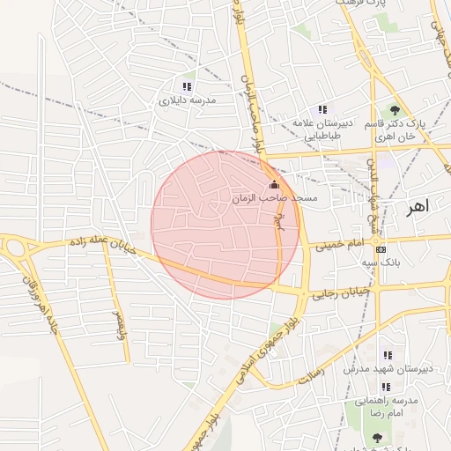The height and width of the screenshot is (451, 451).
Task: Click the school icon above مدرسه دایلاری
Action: tap(186, 86)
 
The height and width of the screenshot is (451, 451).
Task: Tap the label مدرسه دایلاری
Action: tap(187, 101)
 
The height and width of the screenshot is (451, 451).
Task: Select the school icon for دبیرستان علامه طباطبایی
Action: tap(322, 110)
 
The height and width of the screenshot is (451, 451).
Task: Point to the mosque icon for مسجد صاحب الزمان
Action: tap(274, 185)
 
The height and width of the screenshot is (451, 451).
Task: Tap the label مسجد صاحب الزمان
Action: tap(274, 200)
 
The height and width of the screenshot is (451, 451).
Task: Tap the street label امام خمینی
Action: tap(344, 241)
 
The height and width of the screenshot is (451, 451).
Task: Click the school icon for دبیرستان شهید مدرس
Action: tap(387, 355)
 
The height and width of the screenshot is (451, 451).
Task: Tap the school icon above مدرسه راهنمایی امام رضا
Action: tap(386, 387)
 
